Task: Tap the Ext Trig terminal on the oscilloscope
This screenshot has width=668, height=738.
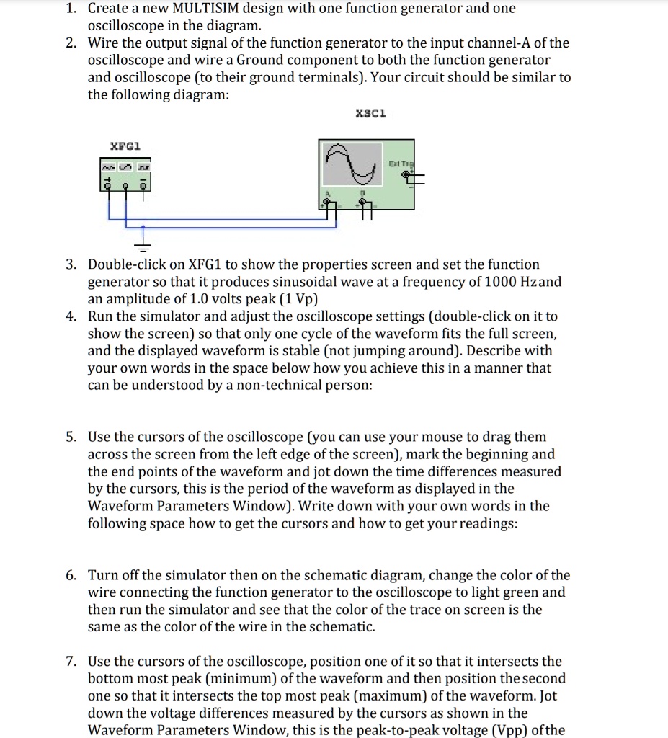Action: [406, 174]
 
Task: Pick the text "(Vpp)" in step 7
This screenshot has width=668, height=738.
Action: [530, 730]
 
